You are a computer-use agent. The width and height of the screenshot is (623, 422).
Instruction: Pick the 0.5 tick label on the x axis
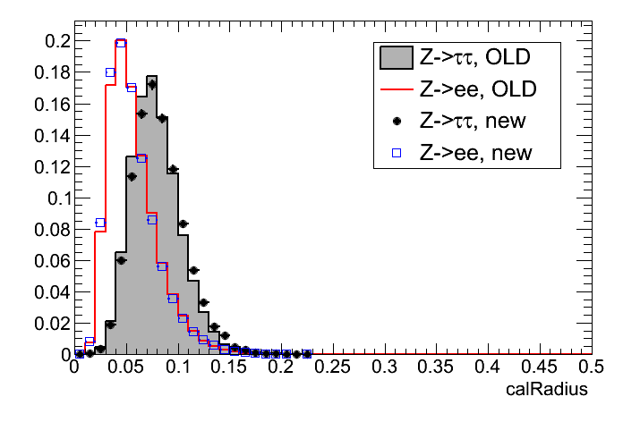(590, 368)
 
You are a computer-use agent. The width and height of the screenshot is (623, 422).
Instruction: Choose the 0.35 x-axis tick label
(436, 368)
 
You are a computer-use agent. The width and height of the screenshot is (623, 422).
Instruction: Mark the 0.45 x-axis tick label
(539, 368)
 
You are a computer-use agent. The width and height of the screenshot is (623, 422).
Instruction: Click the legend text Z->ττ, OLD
(475, 59)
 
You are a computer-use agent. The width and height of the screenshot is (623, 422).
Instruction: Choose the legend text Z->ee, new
(475, 152)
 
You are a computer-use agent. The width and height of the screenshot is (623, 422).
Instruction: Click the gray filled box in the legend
(395, 59)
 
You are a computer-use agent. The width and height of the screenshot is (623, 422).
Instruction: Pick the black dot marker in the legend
(395, 121)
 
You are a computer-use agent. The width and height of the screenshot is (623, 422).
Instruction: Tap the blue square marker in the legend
(395, 152)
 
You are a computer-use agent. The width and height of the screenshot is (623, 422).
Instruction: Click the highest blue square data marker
(121, 43)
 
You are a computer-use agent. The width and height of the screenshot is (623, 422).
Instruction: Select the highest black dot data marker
(152, 85)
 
